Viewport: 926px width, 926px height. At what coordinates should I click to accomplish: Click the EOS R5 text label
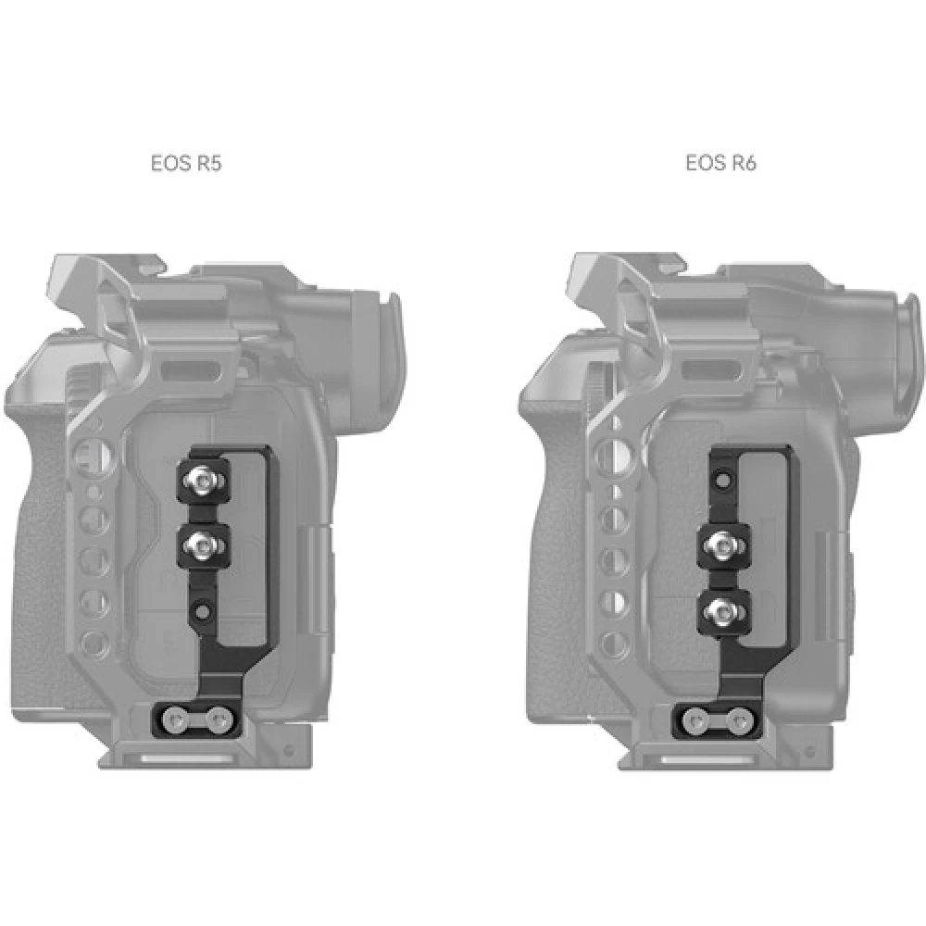(x=186, y=164)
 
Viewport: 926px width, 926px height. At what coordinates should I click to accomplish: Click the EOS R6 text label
(x=720, y=164)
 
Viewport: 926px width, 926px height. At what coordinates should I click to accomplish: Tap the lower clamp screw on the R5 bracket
(x=202, y=542)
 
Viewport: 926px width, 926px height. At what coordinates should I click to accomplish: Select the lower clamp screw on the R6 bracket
(x=722, y=608)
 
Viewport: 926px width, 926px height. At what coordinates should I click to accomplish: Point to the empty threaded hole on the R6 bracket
(x=722, y=482)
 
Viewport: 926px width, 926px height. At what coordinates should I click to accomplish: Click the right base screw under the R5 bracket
(x=218, y=716)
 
